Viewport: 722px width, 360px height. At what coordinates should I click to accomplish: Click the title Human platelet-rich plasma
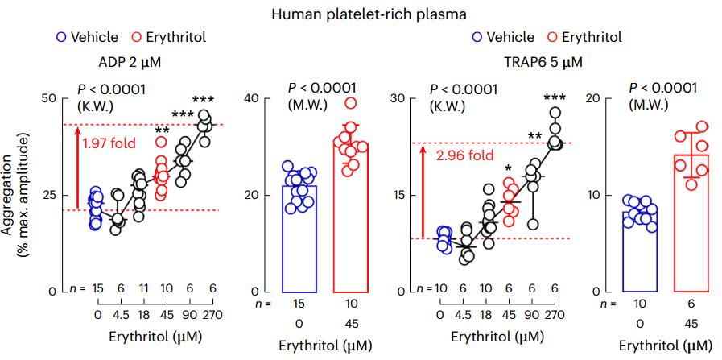(361, 13)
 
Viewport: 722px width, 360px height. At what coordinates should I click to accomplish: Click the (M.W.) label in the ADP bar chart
(307, 104)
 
